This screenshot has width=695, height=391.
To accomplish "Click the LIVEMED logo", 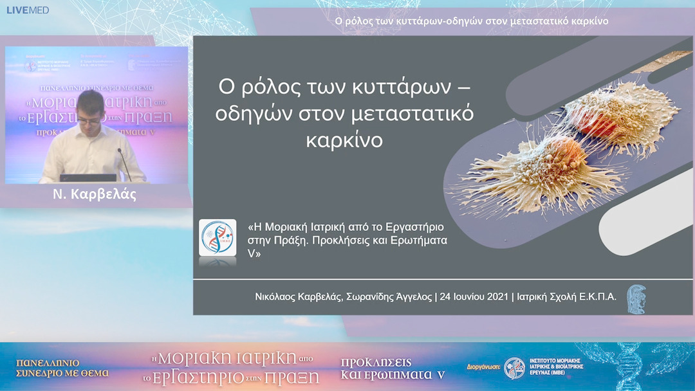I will coord(28,10).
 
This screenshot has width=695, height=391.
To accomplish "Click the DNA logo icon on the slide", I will coord(218,238).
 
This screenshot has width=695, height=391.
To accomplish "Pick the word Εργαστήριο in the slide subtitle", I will coord(418,228).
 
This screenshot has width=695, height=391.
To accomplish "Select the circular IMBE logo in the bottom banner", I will coord(515,368).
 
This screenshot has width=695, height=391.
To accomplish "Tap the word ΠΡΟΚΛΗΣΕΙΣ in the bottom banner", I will coord(376,362).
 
